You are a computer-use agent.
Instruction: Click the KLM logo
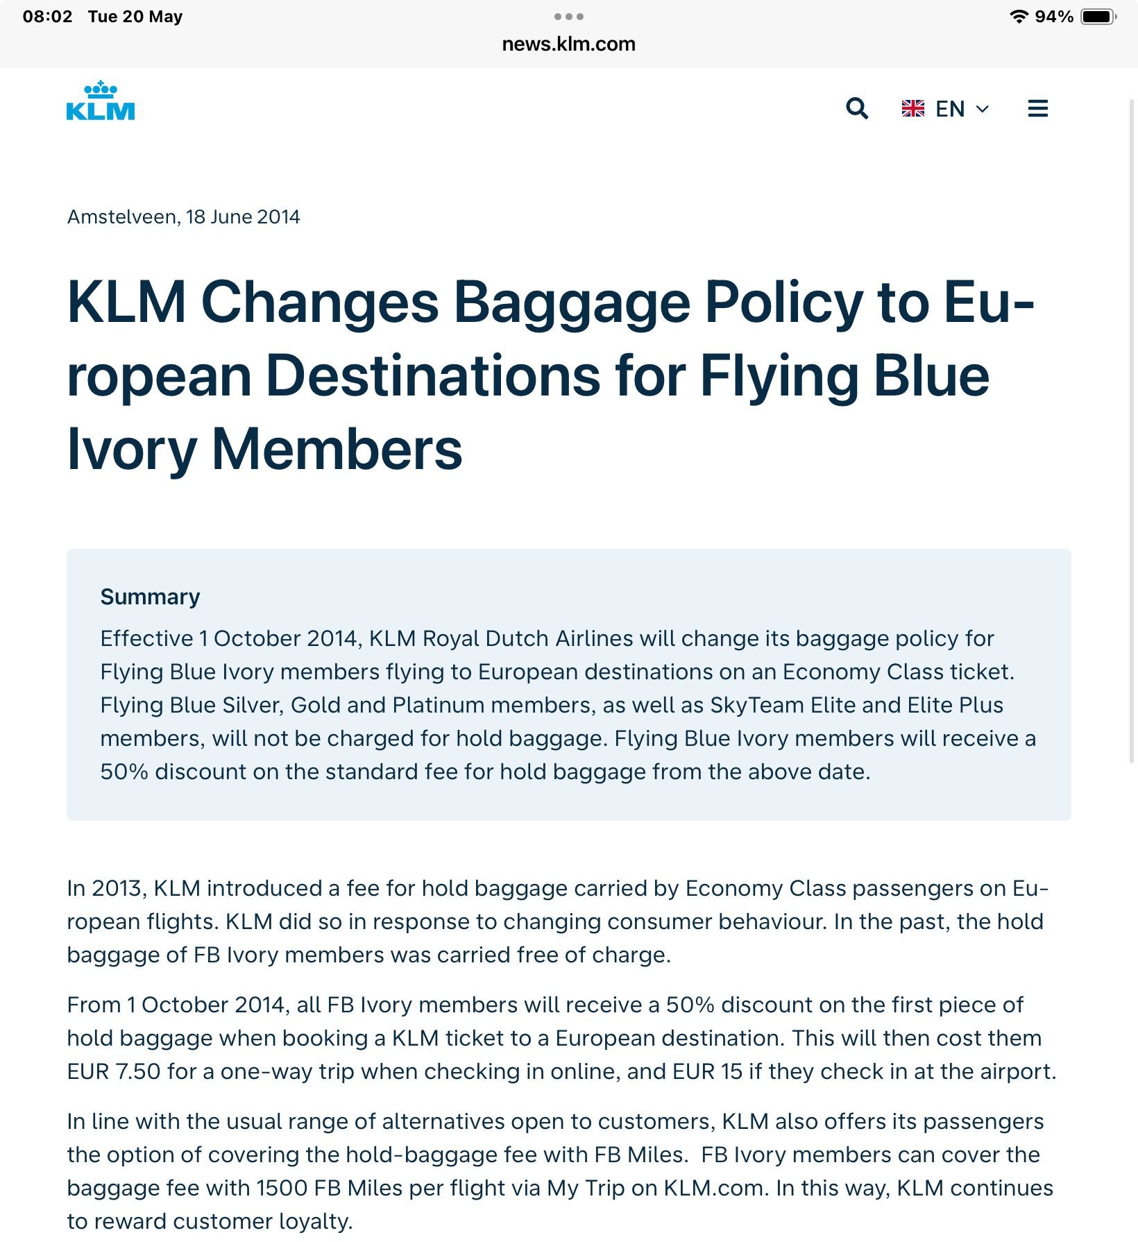pyautogui.click(x=101, y=101)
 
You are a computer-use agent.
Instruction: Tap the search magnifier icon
pyautogui.click(x=857, y=108)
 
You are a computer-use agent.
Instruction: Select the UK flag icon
pyautogui.click(x=913, y=109)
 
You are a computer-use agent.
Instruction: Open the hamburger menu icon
pyautogui.click(x=1037, y=108)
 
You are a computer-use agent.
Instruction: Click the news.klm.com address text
pyautogui.click(x=568, y=44)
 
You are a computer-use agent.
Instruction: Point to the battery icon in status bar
pyautogui.click(x=1098, y=17)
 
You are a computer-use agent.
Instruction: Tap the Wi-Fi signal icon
pyautogui.click(x=1019, y=17)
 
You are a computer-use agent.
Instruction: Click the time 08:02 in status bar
pyautogui.click(x=47, y=17)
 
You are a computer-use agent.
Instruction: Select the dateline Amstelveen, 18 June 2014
pyautogui.click(x=183, y=217)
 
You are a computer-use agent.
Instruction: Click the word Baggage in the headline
pyautogui.click(x=571, y=303)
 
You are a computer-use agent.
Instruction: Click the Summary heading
pyautogui.click(x=150, y=597)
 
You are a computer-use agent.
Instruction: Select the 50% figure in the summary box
pyautogui.click(x=124, y=772)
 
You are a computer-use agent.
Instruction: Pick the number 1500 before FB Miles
pyautogui.click(x=281, y=1188)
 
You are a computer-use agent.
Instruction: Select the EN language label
pyautogui.click(x=950, y=109)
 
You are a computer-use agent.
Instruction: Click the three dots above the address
pyautogui.click(x=568, y=17)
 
